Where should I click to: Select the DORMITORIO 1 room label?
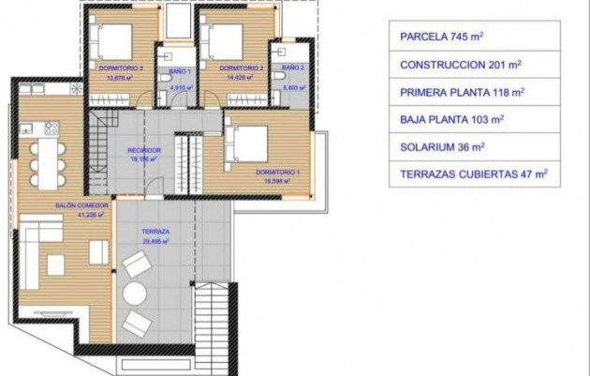click(x=278, y=173)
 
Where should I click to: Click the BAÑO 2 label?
click(x=293, y=68)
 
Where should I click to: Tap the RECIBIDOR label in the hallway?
click(x=145, y=150)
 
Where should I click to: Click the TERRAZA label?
click(x=155, y=231)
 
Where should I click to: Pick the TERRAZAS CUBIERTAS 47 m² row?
click(x=473, y=173)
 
